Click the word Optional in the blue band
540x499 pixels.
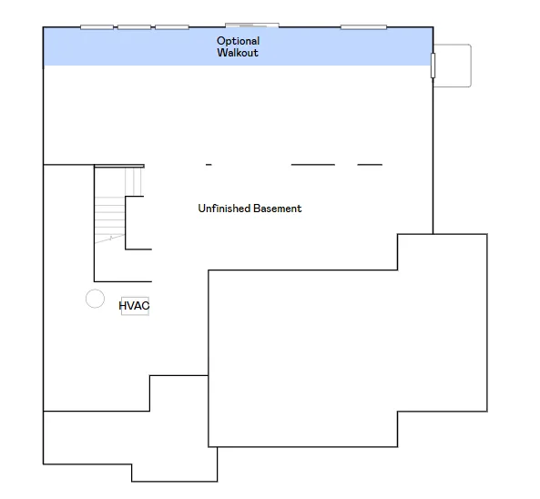(x=238, y=41)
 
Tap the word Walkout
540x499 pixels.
(x=238, y=53)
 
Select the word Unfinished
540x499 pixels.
(x=224, y=209)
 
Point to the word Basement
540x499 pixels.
(x=278, y=209)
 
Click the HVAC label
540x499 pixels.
(x=134, y=305)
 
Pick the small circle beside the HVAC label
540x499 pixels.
(x=95, y=290)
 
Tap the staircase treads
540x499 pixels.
(x=109, y=217)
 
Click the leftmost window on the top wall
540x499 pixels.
(x=97, y=27)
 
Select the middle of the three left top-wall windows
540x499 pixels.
(x=134, y=27)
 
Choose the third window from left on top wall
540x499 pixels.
(x=172, y=27)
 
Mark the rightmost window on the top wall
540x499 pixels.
(x=363, y=27)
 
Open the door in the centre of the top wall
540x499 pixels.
(x=252, y=25)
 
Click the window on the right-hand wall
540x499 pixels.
(x=433, y=66)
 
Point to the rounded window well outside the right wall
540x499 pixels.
(x=471, y=66)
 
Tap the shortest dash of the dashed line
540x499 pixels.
(x=209, y=165)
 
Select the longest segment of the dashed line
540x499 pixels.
(x=313, y=165)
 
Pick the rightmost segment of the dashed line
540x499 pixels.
(x=370, y=165)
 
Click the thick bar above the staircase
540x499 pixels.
(x=119, y=166)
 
